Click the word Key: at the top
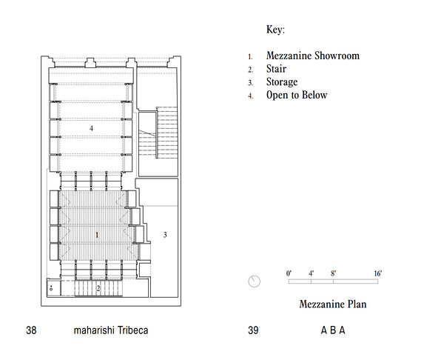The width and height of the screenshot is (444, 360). (275, 30)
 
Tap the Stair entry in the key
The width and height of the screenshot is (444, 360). (277, 69)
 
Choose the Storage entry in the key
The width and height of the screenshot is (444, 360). (283, 81)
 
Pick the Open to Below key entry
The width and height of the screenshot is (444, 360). (297, 95)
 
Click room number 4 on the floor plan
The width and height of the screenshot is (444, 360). (91, 129)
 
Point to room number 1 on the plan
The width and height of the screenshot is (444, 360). (97, 234)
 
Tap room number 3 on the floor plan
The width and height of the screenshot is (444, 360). (165, 235)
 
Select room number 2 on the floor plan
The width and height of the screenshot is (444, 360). (98, 288)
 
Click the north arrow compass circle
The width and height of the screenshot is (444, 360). (255, 281)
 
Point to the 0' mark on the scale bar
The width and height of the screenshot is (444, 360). (289, 273)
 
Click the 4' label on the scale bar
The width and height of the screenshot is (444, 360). (312, 273)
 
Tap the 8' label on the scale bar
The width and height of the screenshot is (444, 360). (334, 273)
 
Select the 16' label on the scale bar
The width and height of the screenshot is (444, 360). (377, 273)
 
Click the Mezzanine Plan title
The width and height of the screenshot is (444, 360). (333, 303)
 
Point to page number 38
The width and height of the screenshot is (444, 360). (31, 330)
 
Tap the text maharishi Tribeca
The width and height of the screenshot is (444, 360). (111, 330)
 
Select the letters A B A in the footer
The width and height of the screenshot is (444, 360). (333, 330)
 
